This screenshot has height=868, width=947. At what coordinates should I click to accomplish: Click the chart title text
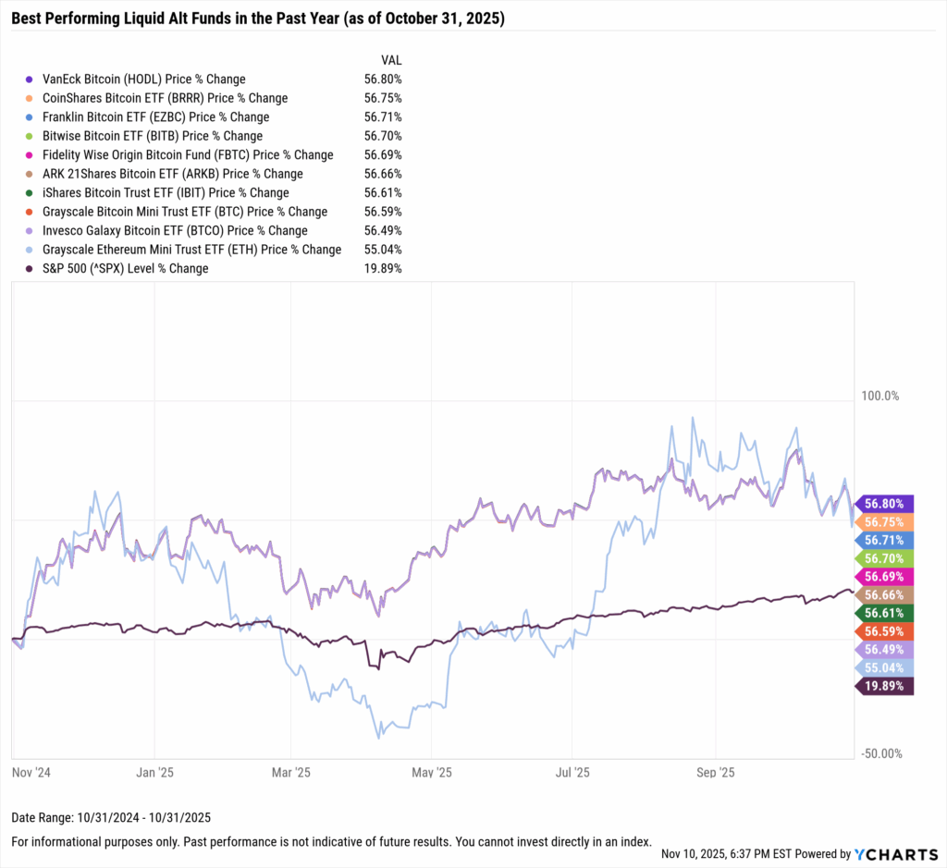tap(258, 18)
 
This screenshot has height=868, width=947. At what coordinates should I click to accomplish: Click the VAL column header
tap(390, 59)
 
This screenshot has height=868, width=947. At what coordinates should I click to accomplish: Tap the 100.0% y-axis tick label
tap(880, 396)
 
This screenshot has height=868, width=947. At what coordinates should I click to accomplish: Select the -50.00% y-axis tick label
tap(880, 753)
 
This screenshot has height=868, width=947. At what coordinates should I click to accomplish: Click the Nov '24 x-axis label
tap(31, 771)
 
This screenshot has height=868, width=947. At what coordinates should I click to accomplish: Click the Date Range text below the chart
tap(110, 817)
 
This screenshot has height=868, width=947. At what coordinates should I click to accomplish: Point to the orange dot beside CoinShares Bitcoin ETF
tap(30, 98)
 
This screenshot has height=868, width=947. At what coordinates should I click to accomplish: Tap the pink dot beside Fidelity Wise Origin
tap(30, 155)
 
